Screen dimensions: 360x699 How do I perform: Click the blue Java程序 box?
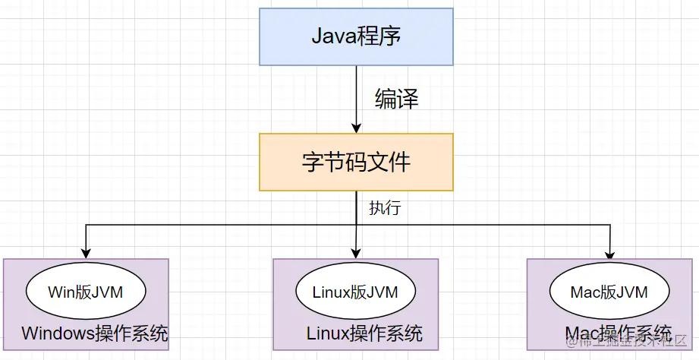356,36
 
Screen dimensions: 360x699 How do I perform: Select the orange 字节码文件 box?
356,162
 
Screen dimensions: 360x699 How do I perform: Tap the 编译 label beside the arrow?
396,99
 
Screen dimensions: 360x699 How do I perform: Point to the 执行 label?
384,208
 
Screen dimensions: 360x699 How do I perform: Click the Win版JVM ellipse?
85,292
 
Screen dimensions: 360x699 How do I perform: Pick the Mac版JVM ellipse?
609,292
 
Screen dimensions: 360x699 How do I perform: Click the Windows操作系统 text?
95,333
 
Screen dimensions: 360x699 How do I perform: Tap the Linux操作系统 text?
364,333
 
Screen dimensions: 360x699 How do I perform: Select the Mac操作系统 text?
619,333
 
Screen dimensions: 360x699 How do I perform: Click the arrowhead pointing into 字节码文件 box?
356,127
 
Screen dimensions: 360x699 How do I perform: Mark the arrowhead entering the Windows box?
86,252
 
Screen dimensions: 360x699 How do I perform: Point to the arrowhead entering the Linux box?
356,252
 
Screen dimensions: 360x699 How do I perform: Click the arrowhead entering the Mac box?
610,252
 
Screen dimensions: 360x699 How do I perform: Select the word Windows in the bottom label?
57,333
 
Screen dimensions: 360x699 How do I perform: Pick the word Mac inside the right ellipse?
585,292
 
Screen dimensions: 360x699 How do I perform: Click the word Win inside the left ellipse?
61,292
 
